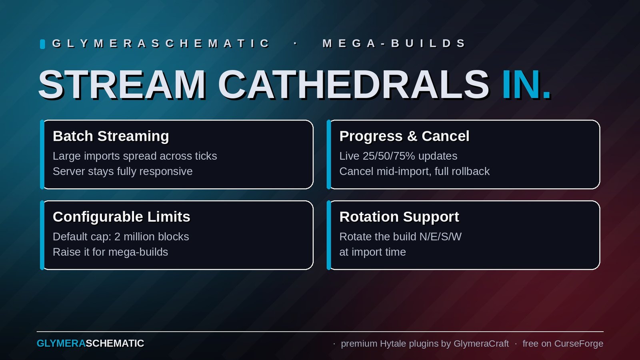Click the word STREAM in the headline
coord(122,84)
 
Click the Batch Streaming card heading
coord(111,136)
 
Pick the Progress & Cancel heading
coord(404,136)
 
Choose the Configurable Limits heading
coord(122,217)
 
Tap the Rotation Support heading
coord(399,217)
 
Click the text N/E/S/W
coord(440,236)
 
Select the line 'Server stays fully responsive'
coord(122,172)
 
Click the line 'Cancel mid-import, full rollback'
coord(414,172)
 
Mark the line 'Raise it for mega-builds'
coord(110,252)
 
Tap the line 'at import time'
coord(372,252)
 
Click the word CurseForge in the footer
coord(578,344)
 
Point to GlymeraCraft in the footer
coord(481,344)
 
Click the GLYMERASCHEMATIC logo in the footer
coord(90,344)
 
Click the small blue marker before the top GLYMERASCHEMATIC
coord(42,44)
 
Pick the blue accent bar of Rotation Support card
coord(328,235)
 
